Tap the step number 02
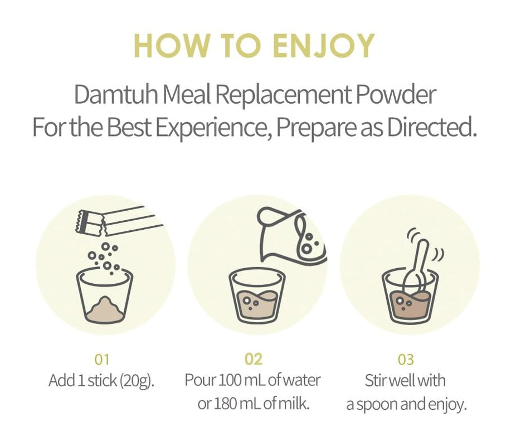(x=253, y=359)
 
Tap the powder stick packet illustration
(x=120, y=220)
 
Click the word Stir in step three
(x=377, y=381)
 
